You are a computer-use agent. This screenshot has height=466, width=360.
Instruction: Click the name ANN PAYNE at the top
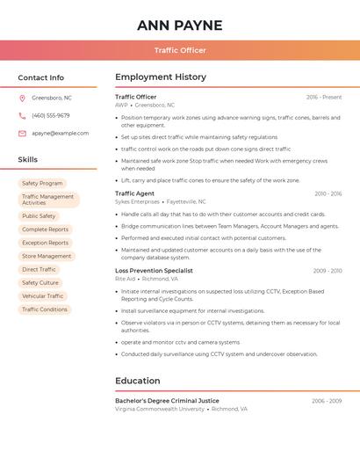click(x=180, y=25)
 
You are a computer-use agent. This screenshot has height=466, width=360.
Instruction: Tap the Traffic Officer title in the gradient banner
click(x=180, y=50)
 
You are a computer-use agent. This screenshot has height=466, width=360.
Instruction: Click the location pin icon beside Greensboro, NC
click(x=22, y=98)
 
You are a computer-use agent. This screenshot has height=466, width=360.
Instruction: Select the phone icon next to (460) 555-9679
click(x=22, y=115)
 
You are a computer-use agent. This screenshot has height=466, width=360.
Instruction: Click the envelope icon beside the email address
click(x=22, y=134)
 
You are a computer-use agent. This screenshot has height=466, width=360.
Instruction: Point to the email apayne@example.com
click(x=60, y=134)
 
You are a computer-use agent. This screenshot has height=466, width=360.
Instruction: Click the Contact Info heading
click(x=40, y=77)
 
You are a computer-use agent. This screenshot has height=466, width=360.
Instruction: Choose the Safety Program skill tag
click(x=42, y=183)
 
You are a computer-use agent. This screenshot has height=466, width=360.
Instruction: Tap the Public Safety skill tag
click(x=39, y=215)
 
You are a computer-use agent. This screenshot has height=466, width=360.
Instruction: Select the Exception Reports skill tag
click(x=45, y=243)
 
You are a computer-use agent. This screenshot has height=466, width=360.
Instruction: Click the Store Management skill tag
click(x=47, y=256)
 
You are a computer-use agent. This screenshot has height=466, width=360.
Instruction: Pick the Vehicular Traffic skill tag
click(x=43, y=296)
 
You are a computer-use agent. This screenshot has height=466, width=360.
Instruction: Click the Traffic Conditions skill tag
click(x=45, y=309)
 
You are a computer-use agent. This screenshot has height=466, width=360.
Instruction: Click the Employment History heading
click(x=161, y=77)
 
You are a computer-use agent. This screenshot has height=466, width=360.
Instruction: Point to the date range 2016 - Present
click(x=324, y=97)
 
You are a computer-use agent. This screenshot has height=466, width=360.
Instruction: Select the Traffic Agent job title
click(x=134, y=193)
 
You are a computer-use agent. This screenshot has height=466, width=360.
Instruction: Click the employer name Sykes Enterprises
click(x=137, y=201)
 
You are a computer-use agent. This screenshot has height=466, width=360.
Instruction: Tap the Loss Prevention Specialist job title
click(x=154, y=271)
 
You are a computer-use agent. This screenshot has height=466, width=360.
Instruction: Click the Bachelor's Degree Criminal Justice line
click(x=167, y=401)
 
